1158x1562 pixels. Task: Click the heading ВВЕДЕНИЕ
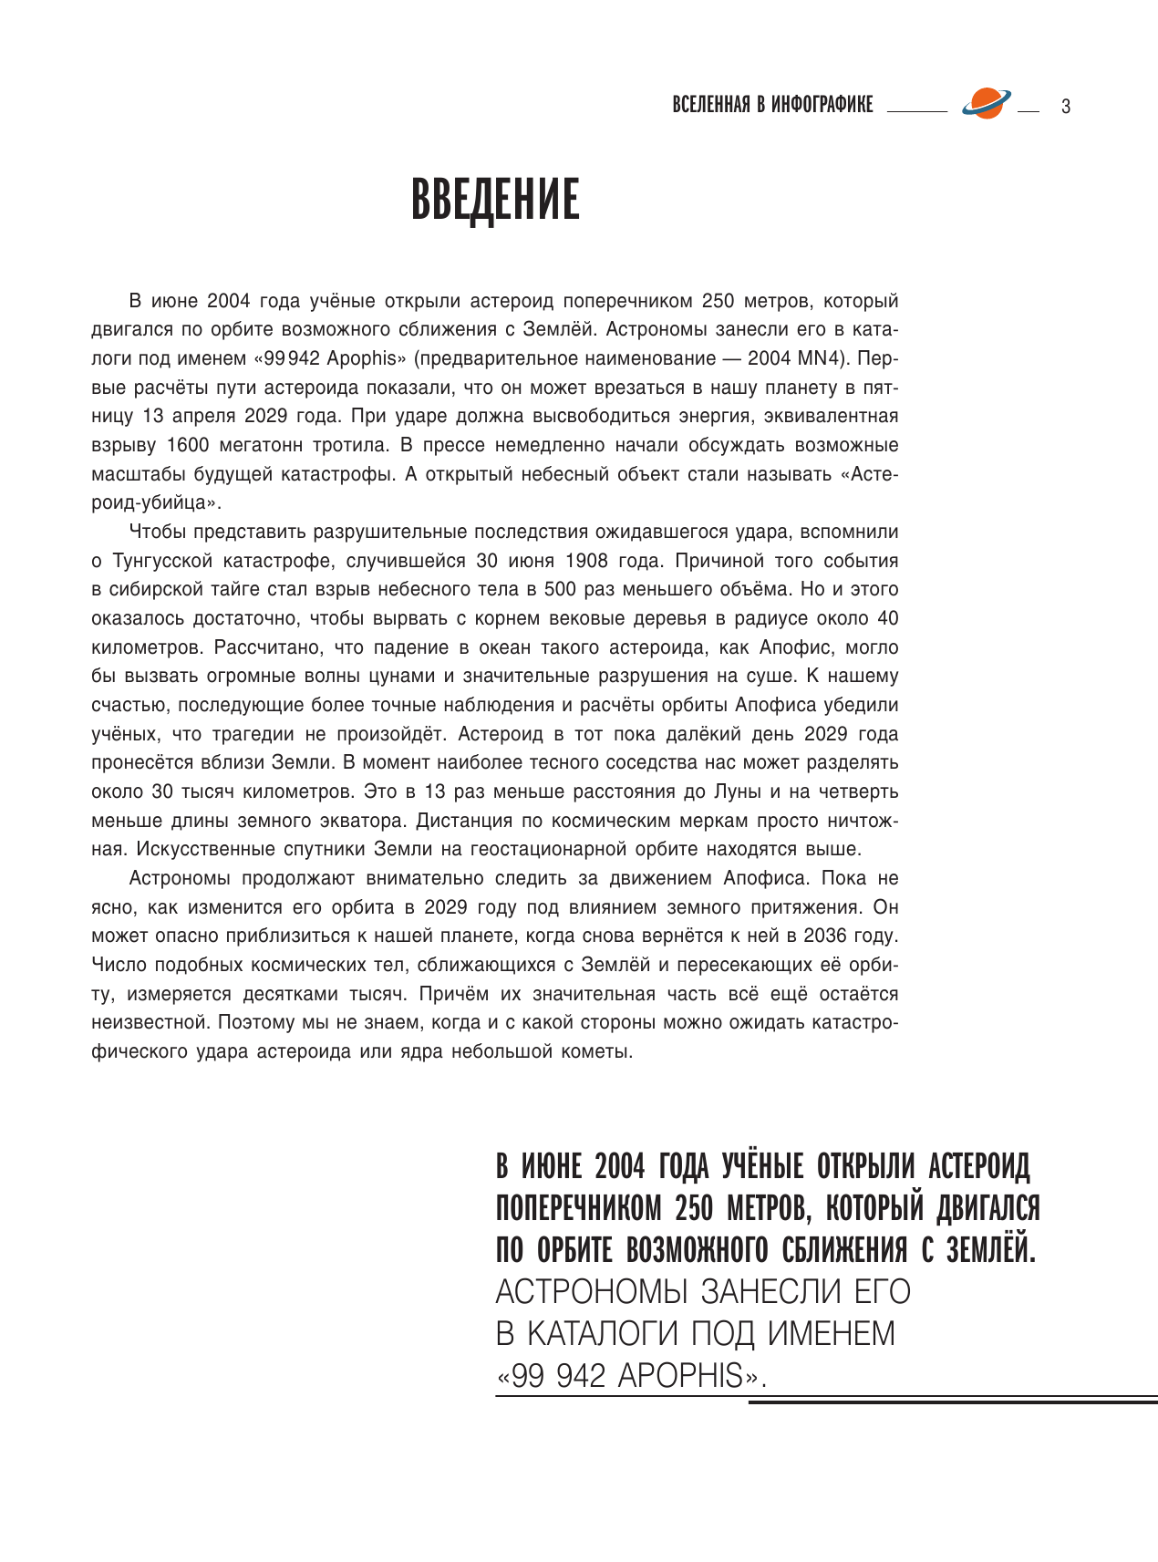[495, 201]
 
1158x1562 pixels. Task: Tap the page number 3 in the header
[1065, 107]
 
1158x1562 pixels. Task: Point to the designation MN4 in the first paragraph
[817, 358]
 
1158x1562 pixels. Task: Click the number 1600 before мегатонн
[189, 446]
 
